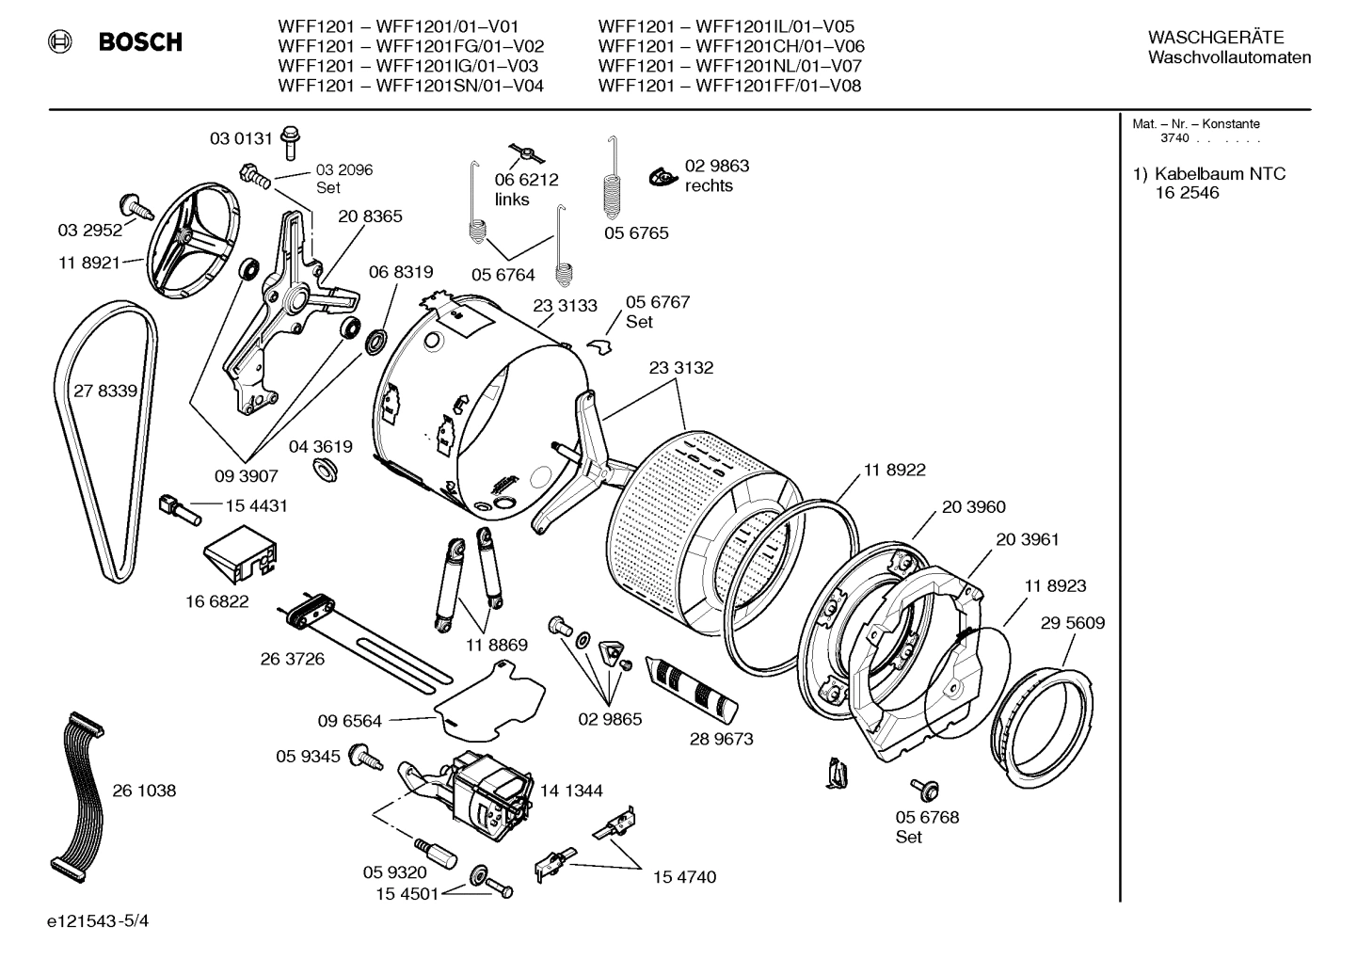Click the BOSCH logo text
point(140,41)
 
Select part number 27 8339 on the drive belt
point(105,391)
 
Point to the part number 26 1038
point(144,791)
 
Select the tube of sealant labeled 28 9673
point(696,695)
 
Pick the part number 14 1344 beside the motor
point(571,791)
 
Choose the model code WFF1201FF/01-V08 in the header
point(777,86)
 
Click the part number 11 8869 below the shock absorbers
point(496,645)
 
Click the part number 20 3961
point(1028,539)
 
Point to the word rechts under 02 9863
point(709,185)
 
